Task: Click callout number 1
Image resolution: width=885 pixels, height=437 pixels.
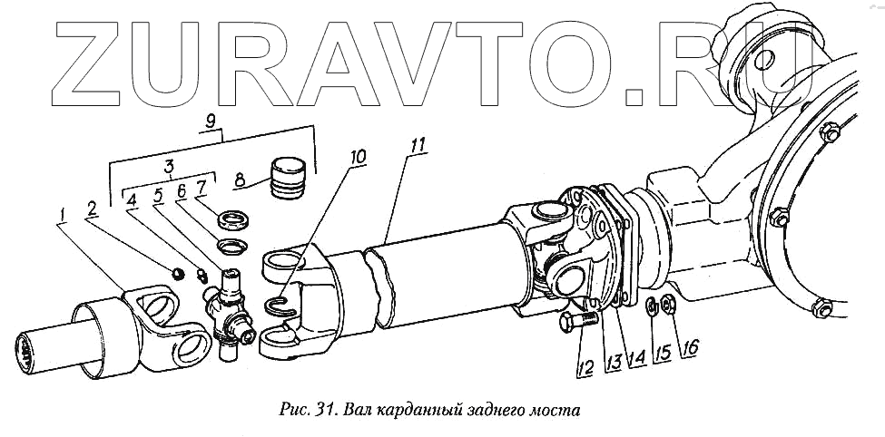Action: [x=61, y=215]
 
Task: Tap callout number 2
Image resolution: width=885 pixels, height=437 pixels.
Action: [x=91, y=208]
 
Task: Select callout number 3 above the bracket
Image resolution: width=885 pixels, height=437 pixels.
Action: [x=168, y=168]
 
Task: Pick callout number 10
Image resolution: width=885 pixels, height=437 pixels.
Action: [x=359, y=157]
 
